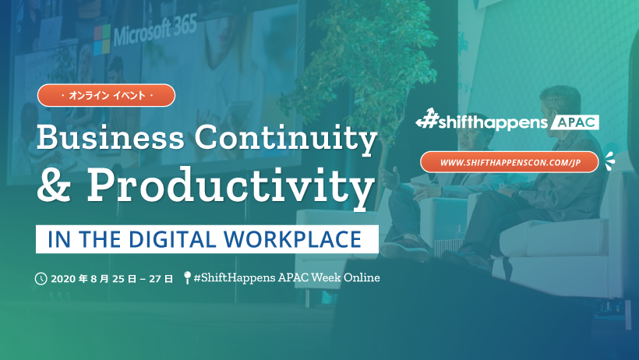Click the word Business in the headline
pos(111,136)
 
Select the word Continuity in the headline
pos(286,139)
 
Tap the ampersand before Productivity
pos(54,185)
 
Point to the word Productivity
pos(231,188)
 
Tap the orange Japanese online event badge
pos(106,95)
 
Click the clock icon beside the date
pos(41,279)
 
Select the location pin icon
pos(187,277)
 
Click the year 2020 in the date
pos(63,279)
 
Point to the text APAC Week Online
pos(329,277)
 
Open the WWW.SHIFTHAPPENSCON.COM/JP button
pos(510,162)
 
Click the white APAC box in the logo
pos(574,122)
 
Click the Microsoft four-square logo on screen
pos(102,40)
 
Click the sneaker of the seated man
pos(404,250)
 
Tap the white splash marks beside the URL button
pos(609,161)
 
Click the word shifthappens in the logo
pos(493,123)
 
